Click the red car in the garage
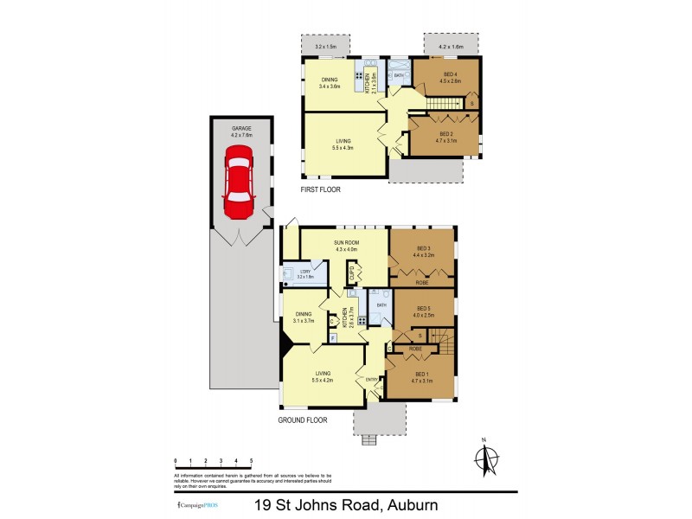coord(237,183)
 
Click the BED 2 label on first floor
coord(446,134)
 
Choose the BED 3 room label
coord(422,248)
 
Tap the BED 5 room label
coord(423,309)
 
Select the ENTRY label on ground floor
coord(372,378)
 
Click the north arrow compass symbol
coord(486,458)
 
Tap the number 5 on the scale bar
coord(251,462)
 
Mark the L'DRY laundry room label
coord(304,272)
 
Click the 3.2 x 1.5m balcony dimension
coord(324,46)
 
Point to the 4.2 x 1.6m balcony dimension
coord(452,46)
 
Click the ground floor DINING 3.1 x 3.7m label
coord(303,317)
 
